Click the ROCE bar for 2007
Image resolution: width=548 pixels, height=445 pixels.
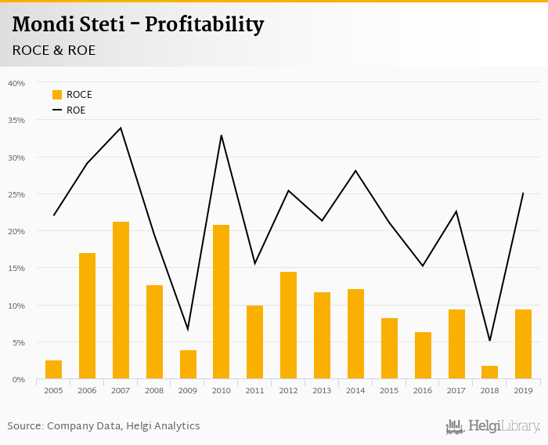click(121, 300)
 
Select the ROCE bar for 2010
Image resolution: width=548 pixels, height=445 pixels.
click(222, 302)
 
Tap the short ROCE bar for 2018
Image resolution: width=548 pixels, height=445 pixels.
click(489, 372)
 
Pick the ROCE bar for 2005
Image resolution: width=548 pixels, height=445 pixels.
click(53, 370)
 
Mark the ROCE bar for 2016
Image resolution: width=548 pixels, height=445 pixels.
click(423, 356)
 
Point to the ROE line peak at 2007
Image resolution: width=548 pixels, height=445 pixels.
click(121, 128)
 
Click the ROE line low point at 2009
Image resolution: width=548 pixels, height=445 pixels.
click(188, 329)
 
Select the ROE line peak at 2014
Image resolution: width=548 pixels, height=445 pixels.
click(355, 171)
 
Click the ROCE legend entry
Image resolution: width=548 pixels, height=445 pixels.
click(72, 95)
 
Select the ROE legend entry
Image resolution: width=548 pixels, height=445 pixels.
click(69, 110)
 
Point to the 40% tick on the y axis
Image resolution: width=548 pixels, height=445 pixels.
click(16, 83)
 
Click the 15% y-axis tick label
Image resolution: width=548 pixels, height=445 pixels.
click(16, 268)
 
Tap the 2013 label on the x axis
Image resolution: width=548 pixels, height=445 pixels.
click(322, 389)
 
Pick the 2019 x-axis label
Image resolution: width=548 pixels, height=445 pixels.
click(523, 389)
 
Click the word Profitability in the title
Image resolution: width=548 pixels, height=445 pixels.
click(204, 25)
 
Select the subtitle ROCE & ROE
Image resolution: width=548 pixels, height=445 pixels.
click(54, 50)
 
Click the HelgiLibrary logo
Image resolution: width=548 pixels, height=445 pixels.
click(493, 426)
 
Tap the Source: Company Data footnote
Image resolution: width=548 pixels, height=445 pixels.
click(103, 426)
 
